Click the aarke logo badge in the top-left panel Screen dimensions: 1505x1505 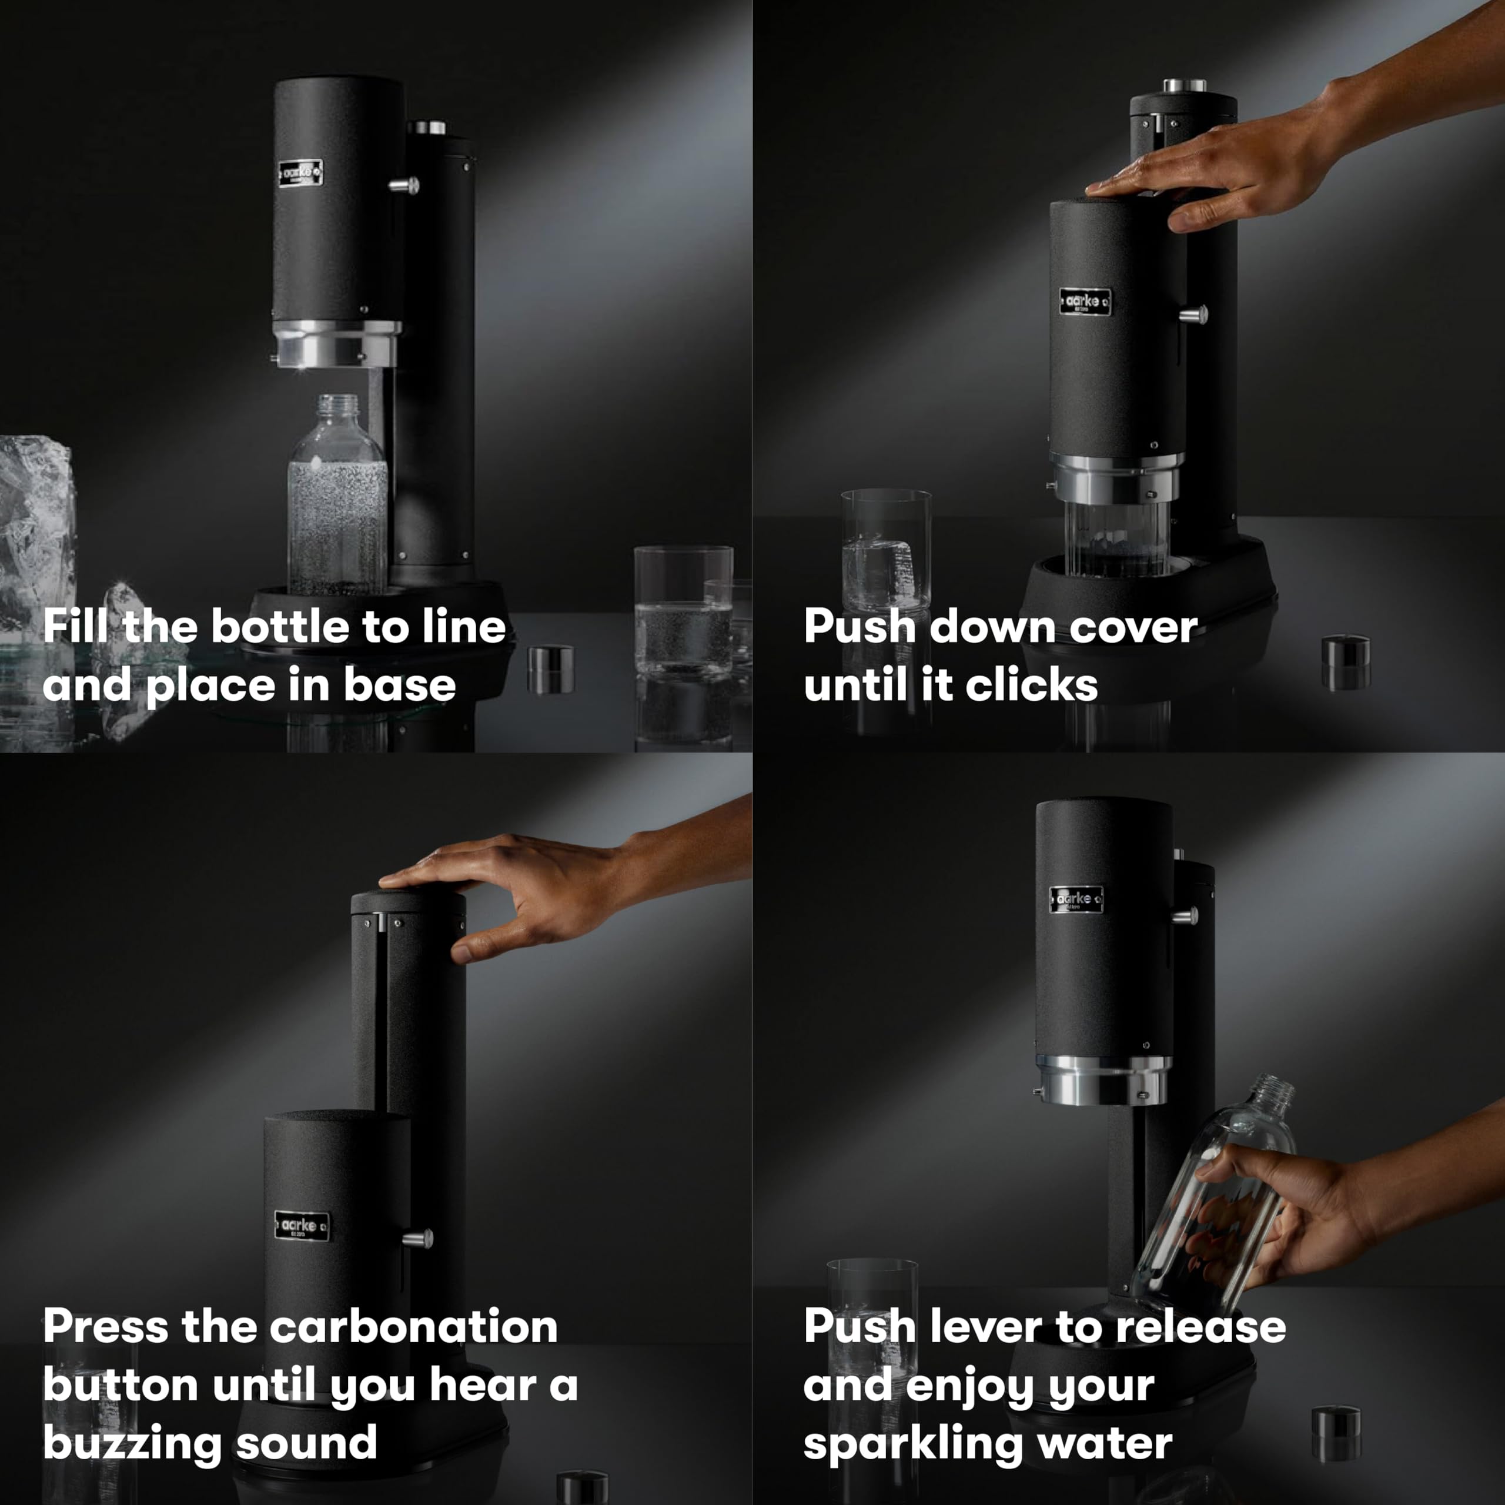(x=300, y=173)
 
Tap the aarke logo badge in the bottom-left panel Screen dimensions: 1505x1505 (x=302, y=1226)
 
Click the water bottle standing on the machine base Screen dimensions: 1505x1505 (x=337, y=499)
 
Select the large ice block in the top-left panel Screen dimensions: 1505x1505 (x=35, y=530)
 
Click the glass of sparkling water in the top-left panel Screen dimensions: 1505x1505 (x=683, y=616)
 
